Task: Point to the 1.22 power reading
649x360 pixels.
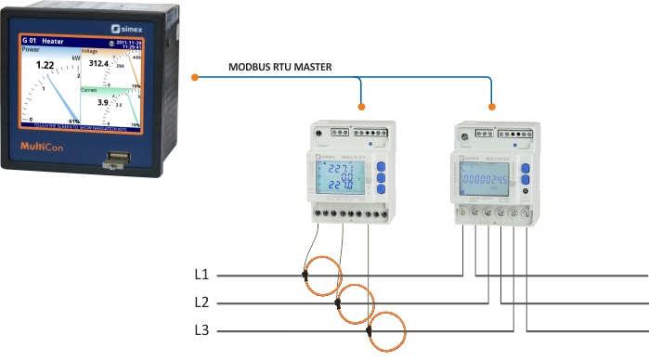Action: click(45, 66)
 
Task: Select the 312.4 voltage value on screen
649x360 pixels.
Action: click(99, 63)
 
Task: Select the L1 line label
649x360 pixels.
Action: click(201, 276)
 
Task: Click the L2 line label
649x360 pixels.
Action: click(201, 302)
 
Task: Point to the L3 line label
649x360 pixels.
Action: click(201, 330)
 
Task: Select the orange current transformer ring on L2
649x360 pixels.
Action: click(356, 302)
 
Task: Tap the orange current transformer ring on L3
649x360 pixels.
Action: click(387, 331)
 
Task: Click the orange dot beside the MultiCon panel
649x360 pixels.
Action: click(194, 76)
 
